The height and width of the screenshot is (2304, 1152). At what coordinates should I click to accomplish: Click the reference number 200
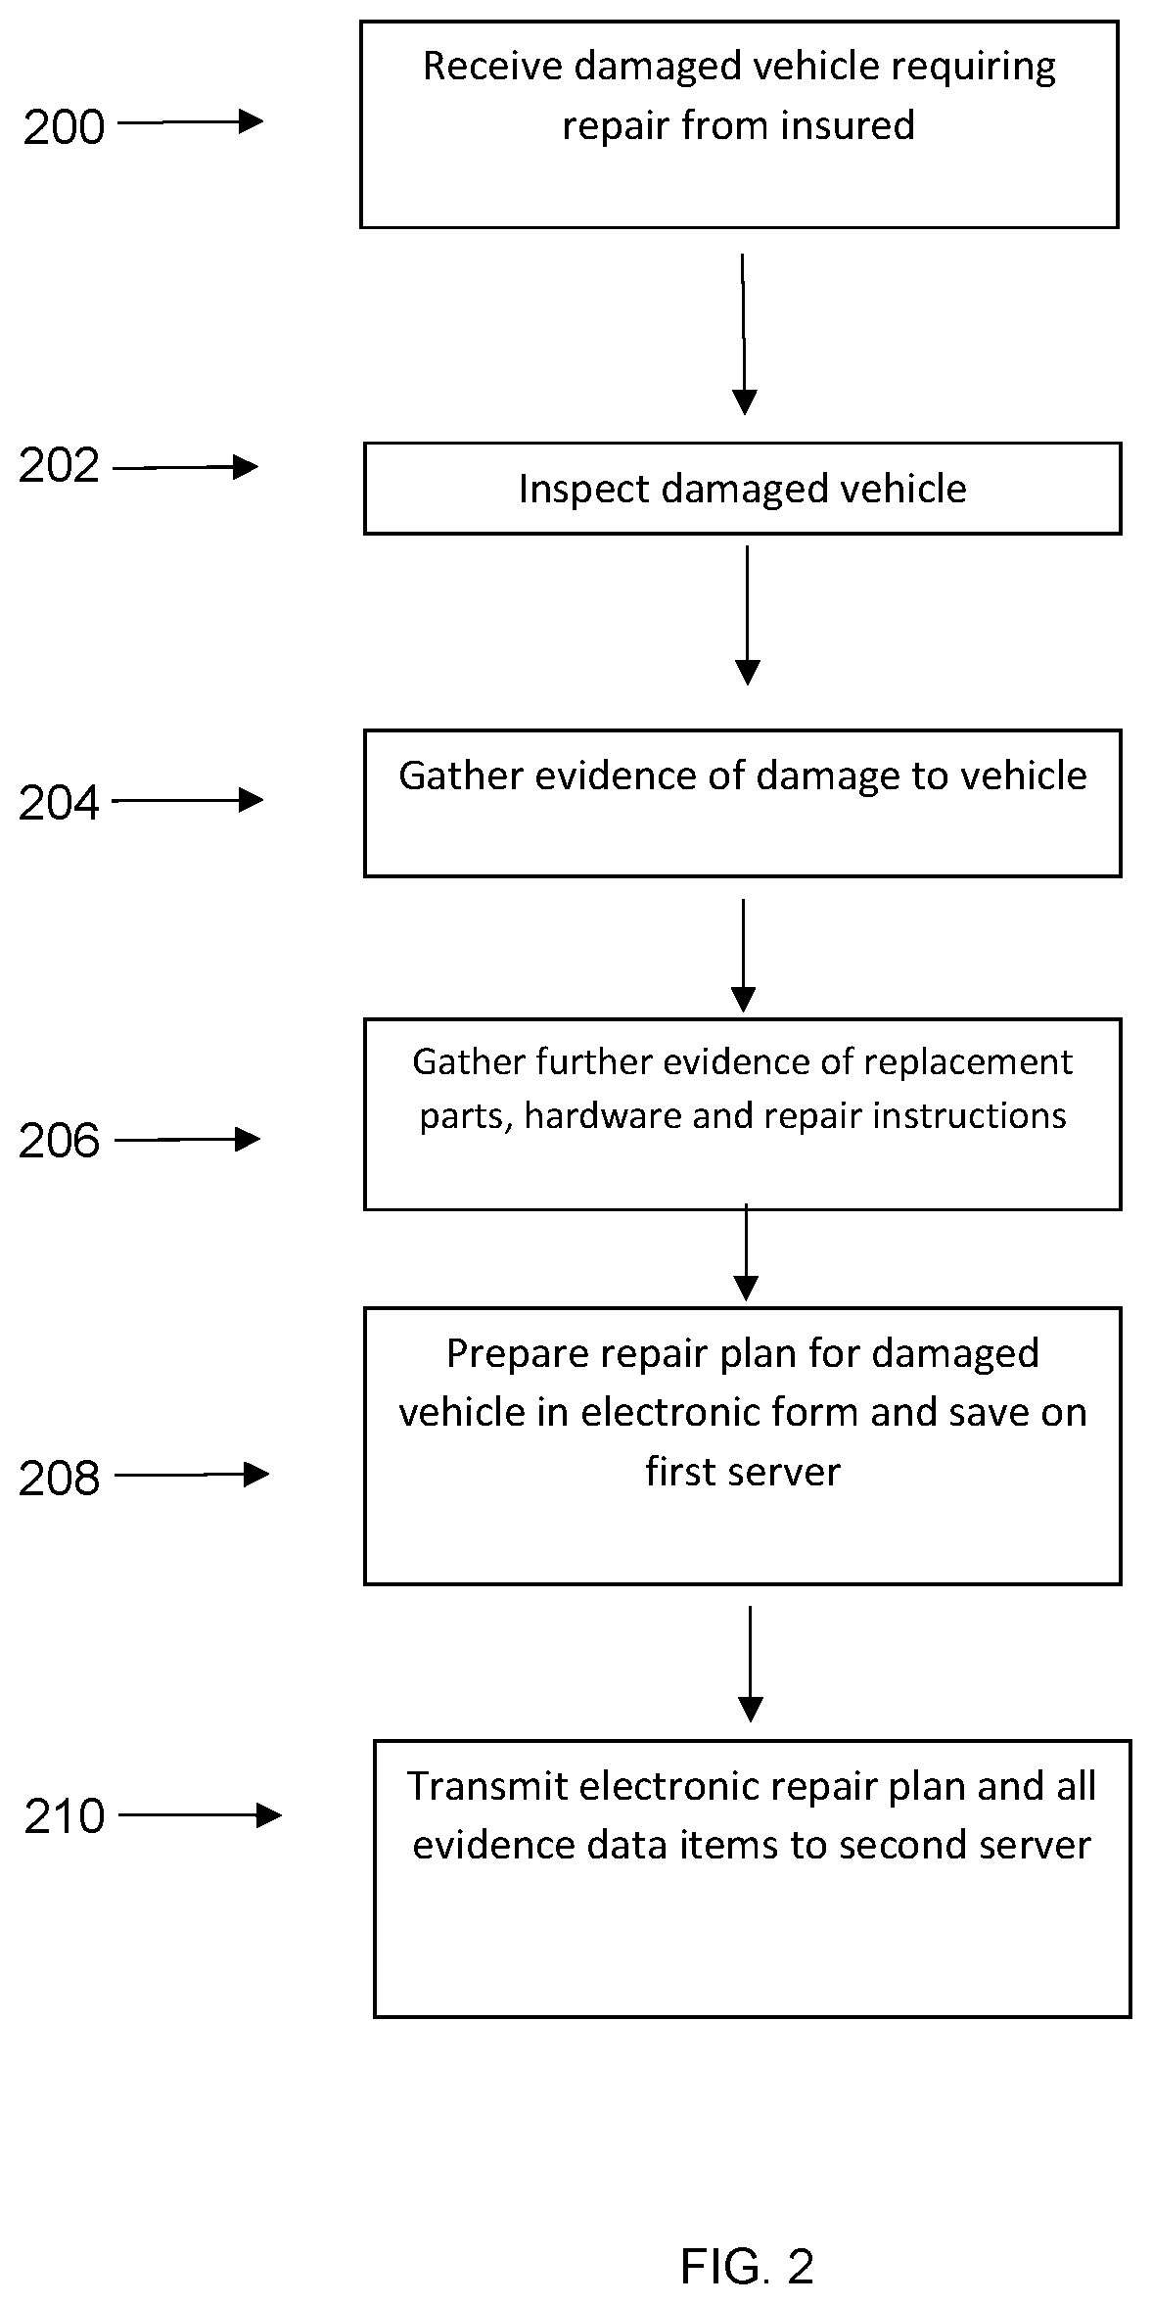tap(64, 128)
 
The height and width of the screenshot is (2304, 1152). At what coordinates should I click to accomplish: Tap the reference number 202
tap(59, 466)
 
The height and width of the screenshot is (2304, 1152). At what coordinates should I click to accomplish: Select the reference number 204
tap(59, 804)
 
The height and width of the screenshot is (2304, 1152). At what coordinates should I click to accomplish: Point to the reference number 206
tap(59, 1142)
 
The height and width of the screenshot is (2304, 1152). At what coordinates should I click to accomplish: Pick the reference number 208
tap(59, 1480)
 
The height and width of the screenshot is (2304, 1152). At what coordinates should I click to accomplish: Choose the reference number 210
tap(65, 1816)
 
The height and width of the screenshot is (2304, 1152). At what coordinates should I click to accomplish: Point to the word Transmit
tap(486, 1787)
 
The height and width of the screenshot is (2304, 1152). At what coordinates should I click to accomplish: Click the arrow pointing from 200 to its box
tap(191, 122)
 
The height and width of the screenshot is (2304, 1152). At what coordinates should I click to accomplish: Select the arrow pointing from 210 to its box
tap(201, 1815)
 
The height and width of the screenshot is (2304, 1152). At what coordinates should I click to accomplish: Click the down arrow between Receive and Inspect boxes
tap(744, 334)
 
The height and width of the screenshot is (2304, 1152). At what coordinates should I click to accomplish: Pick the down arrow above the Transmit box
tap(750, 1664)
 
